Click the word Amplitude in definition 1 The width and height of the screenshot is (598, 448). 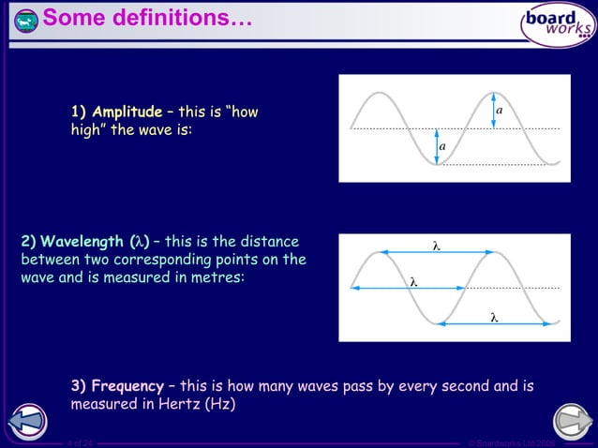click(127, 112)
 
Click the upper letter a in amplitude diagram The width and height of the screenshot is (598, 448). click(499, 111)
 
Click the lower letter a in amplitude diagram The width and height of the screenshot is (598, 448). click(442, 147)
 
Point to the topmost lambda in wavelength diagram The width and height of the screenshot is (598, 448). click(436, 245)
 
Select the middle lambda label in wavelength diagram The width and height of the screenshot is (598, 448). click(412, 280)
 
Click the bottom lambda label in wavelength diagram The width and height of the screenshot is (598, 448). click(493, 317)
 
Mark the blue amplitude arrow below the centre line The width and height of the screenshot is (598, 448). click(435, 146)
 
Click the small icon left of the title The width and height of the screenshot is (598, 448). click(27, 20)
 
